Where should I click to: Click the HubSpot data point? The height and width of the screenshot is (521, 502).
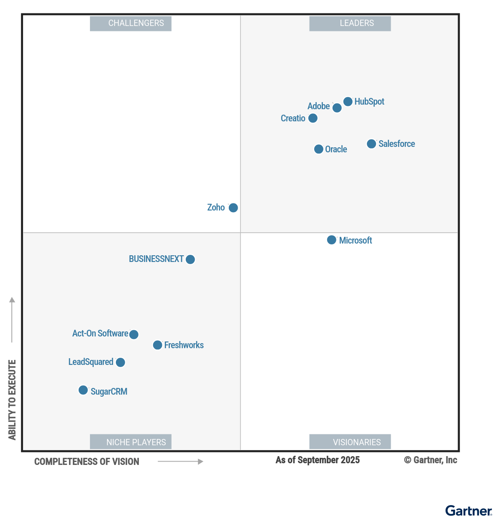point(348,102)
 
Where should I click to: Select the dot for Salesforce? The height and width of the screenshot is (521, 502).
point(371,144)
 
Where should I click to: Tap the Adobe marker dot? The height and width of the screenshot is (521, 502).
point(337,108)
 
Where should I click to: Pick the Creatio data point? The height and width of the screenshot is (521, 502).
point(313,118)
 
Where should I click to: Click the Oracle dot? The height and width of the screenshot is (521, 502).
point(319,149)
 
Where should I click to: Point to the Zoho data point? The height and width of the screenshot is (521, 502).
point(233,208)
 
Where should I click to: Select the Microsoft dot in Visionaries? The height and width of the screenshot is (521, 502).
point(332,240)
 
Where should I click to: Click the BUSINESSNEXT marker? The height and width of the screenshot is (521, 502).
point(190,259)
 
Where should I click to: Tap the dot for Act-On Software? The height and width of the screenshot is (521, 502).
point(134,334)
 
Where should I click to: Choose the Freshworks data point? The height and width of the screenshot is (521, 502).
point(158,345)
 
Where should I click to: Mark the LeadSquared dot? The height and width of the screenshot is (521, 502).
point(120,362)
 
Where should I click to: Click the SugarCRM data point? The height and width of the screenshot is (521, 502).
point(83,390)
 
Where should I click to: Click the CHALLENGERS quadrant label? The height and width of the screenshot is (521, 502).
point(131,23)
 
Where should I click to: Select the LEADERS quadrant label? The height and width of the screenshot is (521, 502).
point(350,23)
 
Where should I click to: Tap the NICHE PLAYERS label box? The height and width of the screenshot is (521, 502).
point(131,442)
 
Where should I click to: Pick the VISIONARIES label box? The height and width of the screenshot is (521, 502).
point(350,442)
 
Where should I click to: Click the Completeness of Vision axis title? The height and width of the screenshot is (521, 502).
point(87,462)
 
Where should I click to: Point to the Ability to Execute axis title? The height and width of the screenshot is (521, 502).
point(12,400)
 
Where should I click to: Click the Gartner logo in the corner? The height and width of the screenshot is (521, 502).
point(469,511)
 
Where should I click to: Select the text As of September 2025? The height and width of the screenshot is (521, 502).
point(318,460)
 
